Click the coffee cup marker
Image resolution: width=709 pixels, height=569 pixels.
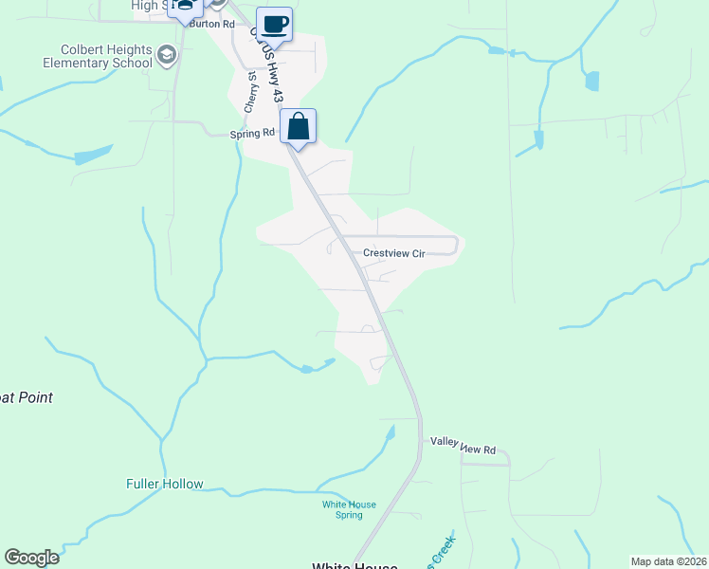point(274,24)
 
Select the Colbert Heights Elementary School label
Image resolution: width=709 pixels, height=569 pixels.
point(80,57)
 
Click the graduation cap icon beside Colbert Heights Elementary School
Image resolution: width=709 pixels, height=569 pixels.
point(168,56)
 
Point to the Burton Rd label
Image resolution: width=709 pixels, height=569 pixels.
point(211,24)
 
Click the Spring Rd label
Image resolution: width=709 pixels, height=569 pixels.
point(252,135)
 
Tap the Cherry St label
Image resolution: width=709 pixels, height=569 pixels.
point(250,93)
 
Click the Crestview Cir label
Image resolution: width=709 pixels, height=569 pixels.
point(393,253)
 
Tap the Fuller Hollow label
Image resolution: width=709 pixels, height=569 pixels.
point(164,484)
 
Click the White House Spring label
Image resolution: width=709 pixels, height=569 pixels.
point(349,509)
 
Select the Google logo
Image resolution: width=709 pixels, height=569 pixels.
point(31,558)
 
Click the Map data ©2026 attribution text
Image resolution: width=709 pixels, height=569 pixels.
point(668,561)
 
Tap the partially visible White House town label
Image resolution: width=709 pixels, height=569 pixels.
point(354,565)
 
